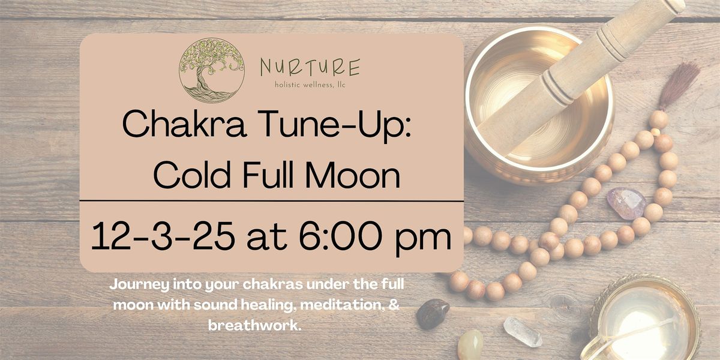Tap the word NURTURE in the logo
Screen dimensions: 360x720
coord(310,68)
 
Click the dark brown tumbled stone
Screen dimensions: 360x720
coord(433,313)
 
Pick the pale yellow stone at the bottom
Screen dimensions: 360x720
coord(470,345)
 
